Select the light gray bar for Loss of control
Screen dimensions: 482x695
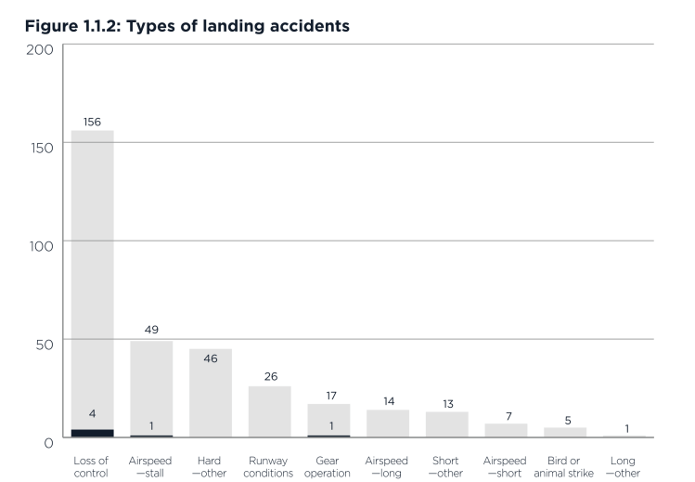coord(92,279)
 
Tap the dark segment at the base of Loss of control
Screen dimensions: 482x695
coord(92,433)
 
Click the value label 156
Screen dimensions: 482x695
coord(92,122)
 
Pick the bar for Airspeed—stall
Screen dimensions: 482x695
coord(151,390)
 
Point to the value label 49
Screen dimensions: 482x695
coord(151,330)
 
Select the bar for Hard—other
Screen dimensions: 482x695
coord(211,399)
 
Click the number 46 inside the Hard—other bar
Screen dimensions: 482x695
coord(211,358)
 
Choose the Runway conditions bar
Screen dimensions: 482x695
coord(269,412)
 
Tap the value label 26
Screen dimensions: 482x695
coord(269,376)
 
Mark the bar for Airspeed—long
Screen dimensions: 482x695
coord(388,423)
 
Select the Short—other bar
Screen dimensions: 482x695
coord(447,424)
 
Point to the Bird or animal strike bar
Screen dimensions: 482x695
coord(565,432)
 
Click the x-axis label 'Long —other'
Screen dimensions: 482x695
coord(624,467)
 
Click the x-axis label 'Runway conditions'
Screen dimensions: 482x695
coord(269,467)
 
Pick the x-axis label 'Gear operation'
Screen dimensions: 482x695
coord(328,467)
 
